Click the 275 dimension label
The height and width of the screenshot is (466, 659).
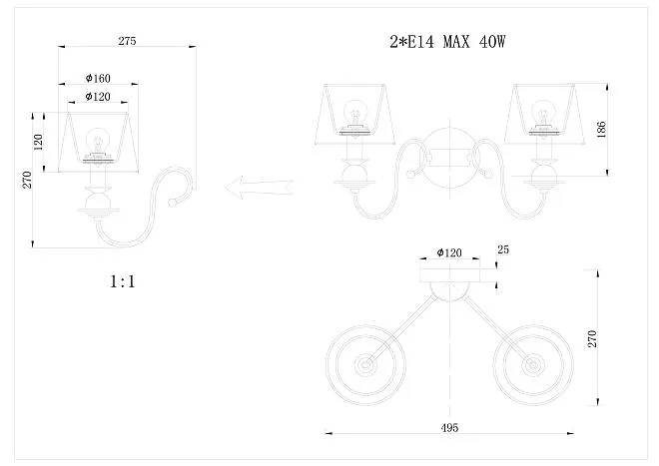(127, 41)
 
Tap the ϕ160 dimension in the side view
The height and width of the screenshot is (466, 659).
(98, 78)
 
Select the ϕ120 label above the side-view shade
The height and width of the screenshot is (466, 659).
(98, 97)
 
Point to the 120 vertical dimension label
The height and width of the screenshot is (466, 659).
(38, 142)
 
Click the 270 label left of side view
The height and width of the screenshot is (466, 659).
(27, 180)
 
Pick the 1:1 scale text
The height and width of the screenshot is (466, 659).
(123, 281)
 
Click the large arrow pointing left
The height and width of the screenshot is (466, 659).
(259, 188)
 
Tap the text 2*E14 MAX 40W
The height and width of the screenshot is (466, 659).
(447, 42)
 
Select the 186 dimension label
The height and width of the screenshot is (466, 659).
(601, 130)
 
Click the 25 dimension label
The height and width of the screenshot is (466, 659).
(503, 249)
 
